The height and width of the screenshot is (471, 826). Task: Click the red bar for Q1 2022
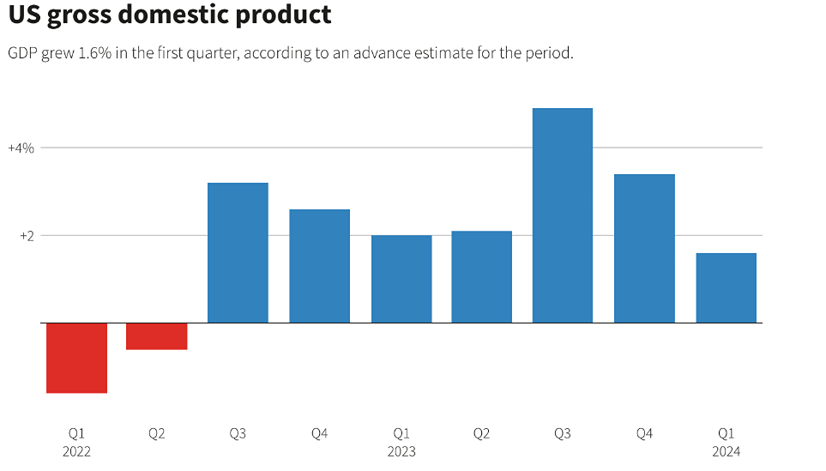point(76,358)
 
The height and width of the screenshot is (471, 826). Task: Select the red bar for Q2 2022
point(157,336)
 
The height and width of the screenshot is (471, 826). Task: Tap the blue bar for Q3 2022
point(238,253)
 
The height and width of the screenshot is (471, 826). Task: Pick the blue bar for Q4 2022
point(319,266)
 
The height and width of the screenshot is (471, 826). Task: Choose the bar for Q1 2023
point(401,279)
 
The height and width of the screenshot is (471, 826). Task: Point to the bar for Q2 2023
point(481,277)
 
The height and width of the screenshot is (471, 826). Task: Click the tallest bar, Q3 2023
point(563,215)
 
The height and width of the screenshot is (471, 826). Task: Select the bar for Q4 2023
point(644,249)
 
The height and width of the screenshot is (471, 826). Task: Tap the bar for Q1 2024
point(726,288)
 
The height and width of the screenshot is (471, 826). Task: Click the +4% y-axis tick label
point(21,148)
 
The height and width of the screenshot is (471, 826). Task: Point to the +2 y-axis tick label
point(26,236)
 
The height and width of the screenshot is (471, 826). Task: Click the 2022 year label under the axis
point(76,451)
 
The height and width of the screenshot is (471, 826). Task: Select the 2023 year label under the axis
point(401,451)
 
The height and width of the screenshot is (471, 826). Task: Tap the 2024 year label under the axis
point(726,451)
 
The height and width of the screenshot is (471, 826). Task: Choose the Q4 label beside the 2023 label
point(644,434)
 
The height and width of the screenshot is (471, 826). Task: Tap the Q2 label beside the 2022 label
point(157,434)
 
